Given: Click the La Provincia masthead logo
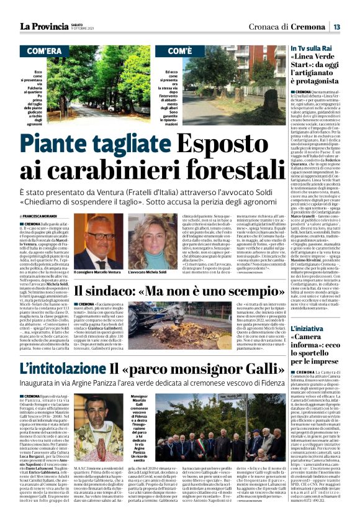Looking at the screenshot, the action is pyautogui.click(x=44, y=26).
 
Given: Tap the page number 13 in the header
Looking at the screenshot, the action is pyautogui.click(x=336, y=27).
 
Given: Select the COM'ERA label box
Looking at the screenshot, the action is pyautogui.click(x=44, y=50).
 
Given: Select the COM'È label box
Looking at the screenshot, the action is pyautogui.click(x=180, y=50).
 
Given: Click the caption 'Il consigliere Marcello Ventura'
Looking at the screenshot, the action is pyautogui.click(x=97, y=272).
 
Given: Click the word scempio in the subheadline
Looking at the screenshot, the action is pyautogui.click(x=254, y=290).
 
